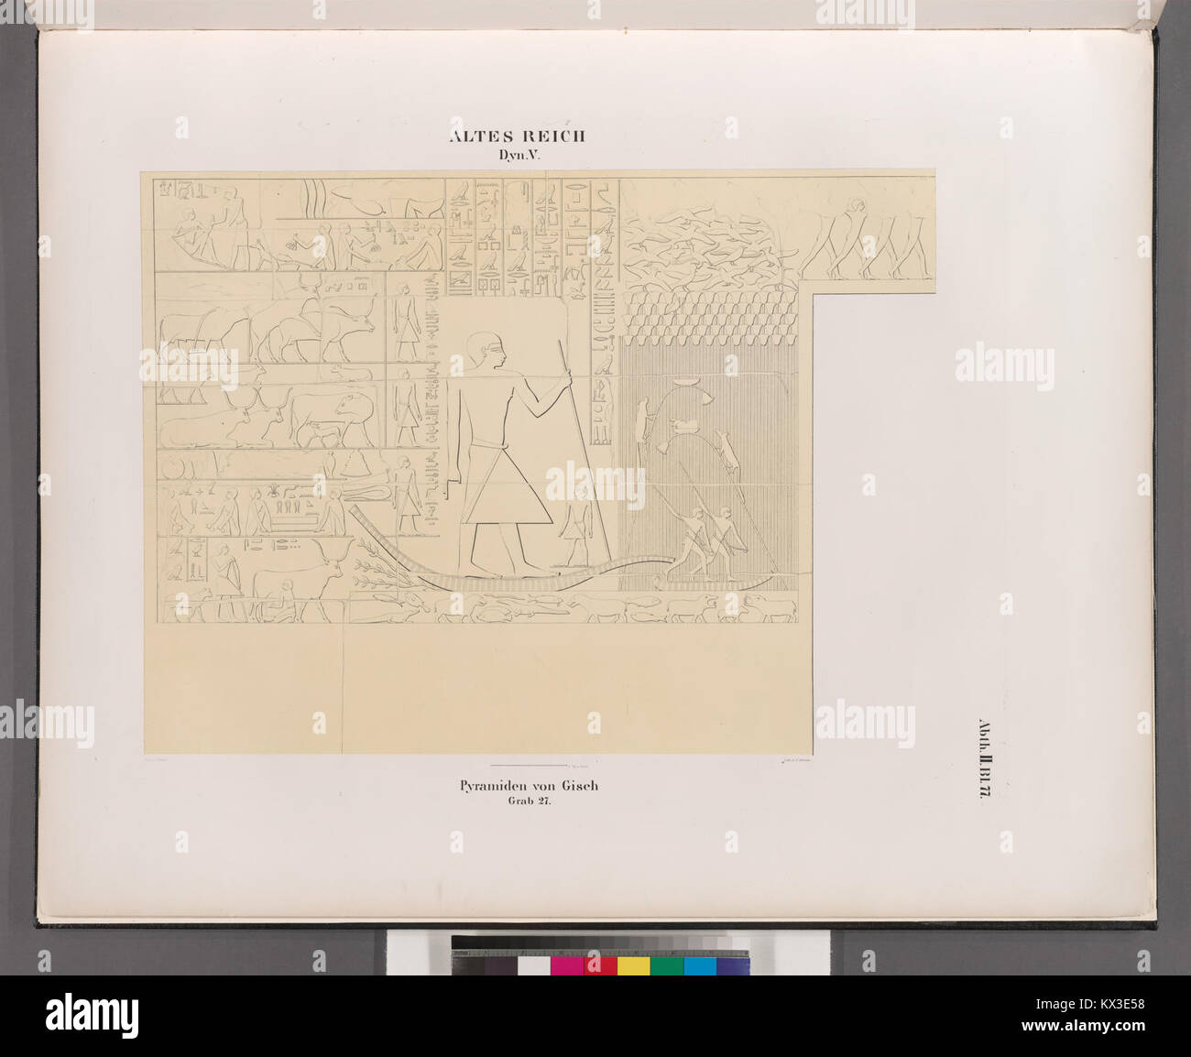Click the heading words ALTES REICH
click(x=518, y=137)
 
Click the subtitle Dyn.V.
click(x=519, y=156)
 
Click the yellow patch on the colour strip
click(x=633, y=964)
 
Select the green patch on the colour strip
click(x=666, y=964)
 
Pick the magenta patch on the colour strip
click(x=566, y=964)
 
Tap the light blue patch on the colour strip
click(x=700, y=964)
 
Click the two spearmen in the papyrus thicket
click(x=710, y=540)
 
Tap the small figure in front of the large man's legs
click(x=574, y=531)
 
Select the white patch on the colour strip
click(x=532, y=964)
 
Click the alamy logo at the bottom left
click(x=92, y=1015)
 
